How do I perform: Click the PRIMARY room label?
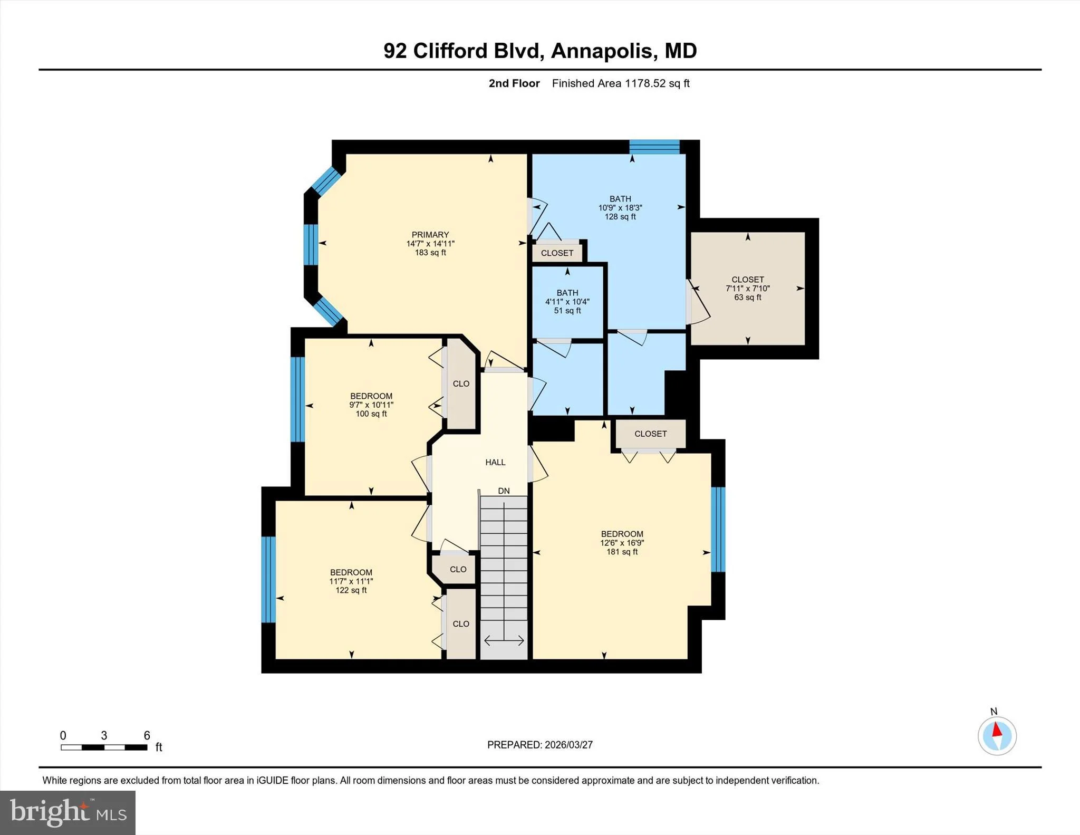click(x=430, y=235)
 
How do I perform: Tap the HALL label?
click(x=495, y=462)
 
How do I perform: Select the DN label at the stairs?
click(x=504, y=491)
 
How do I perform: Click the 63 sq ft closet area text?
click(x=748, y=297)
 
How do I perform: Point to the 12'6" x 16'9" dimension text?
click(x=622, y=543)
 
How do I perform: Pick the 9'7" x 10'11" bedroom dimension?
click(x=371, y=405)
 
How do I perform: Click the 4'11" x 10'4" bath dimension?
click(x=567, y=302)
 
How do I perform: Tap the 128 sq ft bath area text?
click(x=620, y=217)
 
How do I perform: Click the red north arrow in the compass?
click(x=997, y=730)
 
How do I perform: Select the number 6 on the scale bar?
click(x=147, y=735)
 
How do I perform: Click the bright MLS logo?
click(x=68, y=813)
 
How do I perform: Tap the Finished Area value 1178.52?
click(x=645, y=83)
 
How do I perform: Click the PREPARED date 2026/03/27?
click(x=568, y=745)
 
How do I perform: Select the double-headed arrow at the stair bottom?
click(x=504, y=641)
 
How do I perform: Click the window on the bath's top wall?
click(x=654, y=147)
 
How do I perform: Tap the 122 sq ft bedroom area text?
click(x=351, y=590)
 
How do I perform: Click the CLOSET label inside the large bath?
click(x=557, y=253)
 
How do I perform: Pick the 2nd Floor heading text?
click(x=514, y=83)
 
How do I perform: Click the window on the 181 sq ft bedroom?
click(x=718, y=530)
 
